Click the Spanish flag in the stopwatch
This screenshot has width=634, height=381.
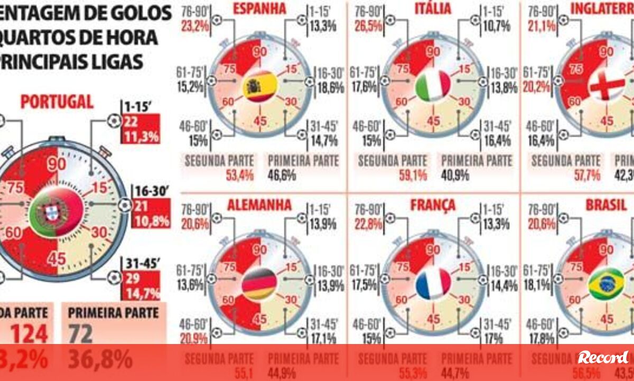click(x=260, y=87)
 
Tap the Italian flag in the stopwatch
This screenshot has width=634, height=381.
click(x=433, y=86)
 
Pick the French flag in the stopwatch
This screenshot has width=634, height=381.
click(x=433, y=284)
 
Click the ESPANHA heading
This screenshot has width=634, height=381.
click(x=260, y=8)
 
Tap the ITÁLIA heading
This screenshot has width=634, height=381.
click(x=433, y=8)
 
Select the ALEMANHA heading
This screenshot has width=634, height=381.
click(x=260, y=205)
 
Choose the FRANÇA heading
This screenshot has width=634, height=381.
click(x=433, y=205)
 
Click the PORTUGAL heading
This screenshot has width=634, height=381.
click(x=57, y=101)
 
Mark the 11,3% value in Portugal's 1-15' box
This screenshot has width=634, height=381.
click(x=141, y=137)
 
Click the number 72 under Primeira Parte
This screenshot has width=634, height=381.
click(x=80, y=334)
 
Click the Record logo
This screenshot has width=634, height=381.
click(x=603, y=357)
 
